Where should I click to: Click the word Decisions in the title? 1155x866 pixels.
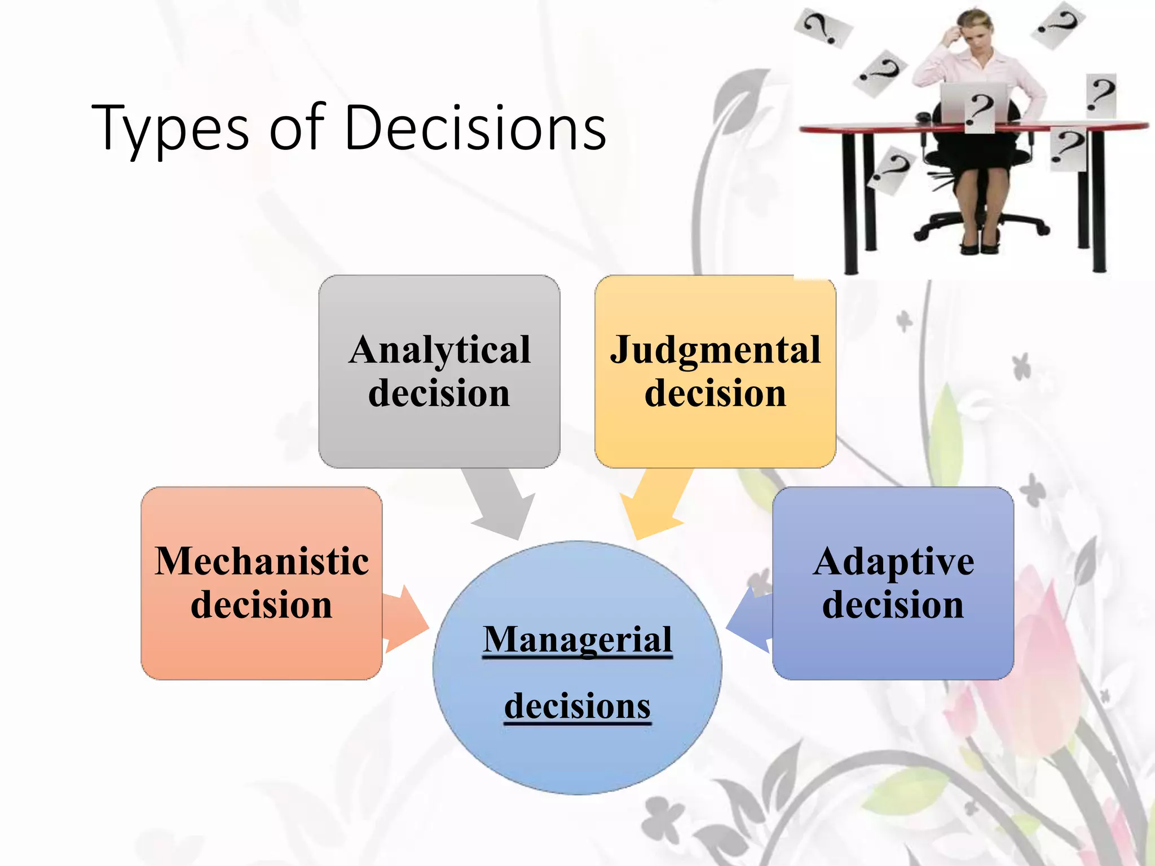point(475,128)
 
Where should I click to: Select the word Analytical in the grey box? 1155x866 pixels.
point(439,351)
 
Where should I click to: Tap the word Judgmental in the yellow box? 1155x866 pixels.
point(715,351)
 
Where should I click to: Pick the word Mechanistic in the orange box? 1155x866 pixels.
point(262,562)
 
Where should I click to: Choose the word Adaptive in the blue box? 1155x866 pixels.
point(893,562)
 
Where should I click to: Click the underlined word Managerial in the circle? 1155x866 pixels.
point(577,640)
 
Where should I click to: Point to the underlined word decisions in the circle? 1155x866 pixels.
point(577,706)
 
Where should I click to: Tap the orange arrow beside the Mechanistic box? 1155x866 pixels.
point(405,619)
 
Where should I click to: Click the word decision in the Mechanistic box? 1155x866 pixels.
point(262,606)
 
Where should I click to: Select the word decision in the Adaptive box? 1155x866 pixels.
point(893,606)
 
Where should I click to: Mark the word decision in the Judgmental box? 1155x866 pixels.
point(715,394)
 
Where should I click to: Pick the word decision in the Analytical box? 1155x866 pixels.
point(439,394)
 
